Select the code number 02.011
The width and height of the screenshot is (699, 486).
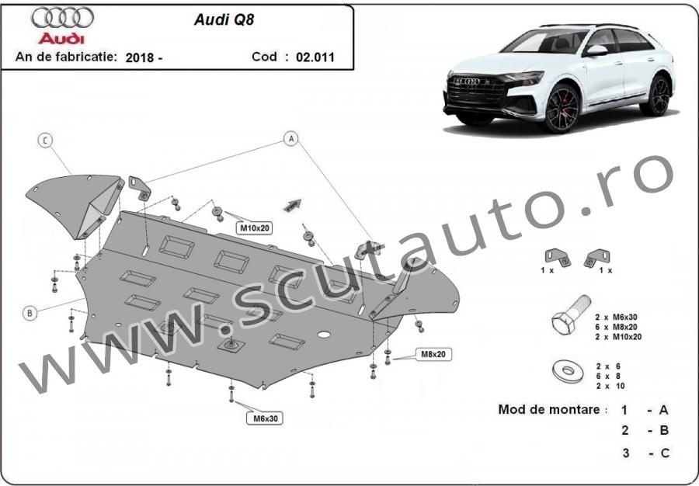point(315,57)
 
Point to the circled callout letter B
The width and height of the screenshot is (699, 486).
point(30,313)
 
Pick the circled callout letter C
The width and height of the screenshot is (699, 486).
point(46,141)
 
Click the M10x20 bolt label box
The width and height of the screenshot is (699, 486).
point(254,228)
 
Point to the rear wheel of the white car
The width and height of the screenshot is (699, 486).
point(659,95)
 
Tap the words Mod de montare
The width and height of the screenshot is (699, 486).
point(549,409)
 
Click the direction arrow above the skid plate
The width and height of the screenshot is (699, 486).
point(292,204)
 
